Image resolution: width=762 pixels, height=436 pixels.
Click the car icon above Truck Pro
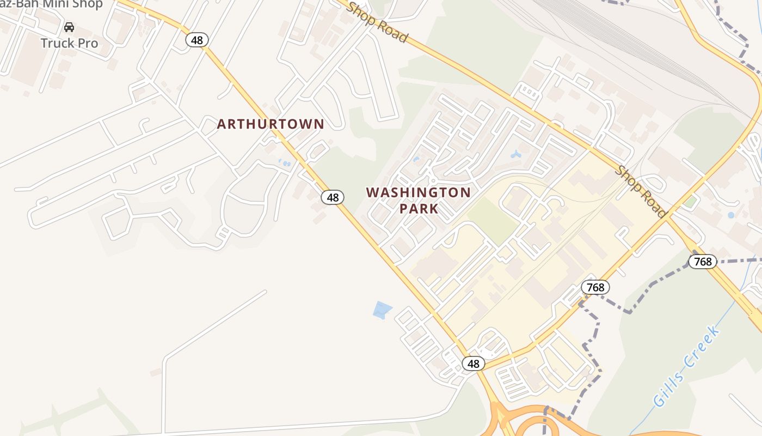pos(69,27)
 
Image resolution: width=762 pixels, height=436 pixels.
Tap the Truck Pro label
pos(70,43)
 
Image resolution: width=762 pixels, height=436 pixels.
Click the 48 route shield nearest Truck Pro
pos(196,39)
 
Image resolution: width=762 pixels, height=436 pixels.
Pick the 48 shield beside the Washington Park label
pos(332,197)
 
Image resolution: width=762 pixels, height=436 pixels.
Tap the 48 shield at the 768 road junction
pos(473,364)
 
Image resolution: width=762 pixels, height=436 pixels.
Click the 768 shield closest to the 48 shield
pos(595,287)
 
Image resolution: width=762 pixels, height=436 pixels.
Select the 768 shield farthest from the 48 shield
pos(703,262)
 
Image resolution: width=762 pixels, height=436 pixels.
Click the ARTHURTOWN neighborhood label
pos(271,124)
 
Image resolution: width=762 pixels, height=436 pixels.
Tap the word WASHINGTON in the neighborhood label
pos(418,193)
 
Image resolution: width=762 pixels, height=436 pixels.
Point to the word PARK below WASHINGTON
pos(419,209)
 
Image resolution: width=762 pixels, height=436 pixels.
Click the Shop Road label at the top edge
pos(377,22)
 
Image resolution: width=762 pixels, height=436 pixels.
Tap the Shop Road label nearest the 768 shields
pos(641,191)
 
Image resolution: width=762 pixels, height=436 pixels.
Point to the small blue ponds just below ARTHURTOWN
pos(284,162)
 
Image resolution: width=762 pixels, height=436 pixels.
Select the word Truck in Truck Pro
pos(58,43)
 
